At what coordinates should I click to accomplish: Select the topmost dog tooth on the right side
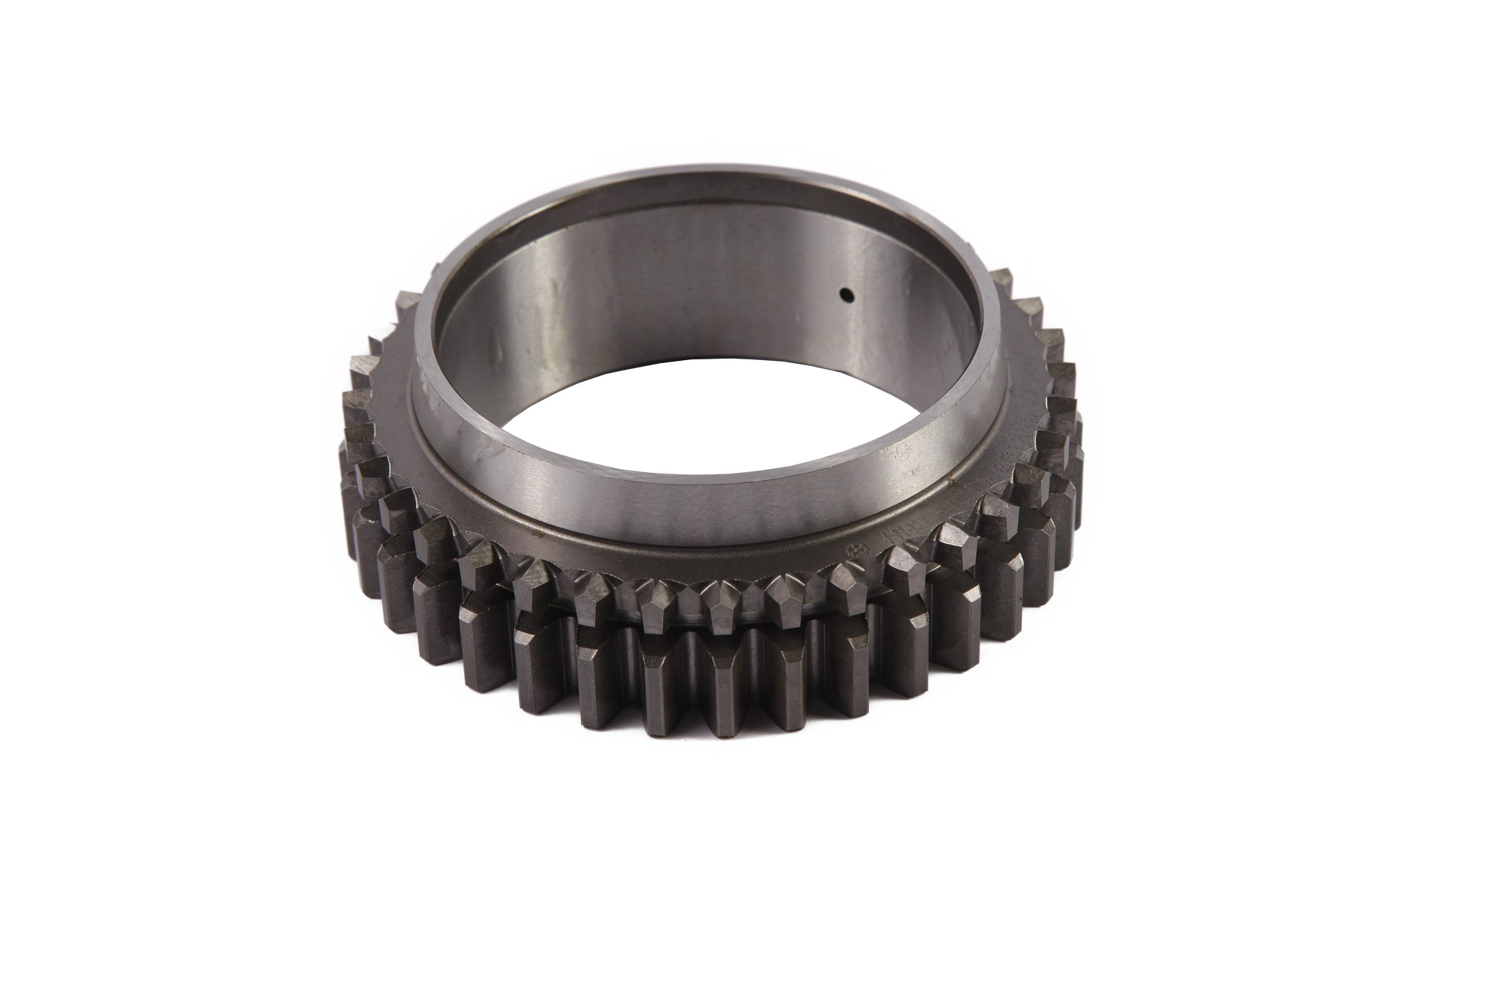tap(1006, 282)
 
